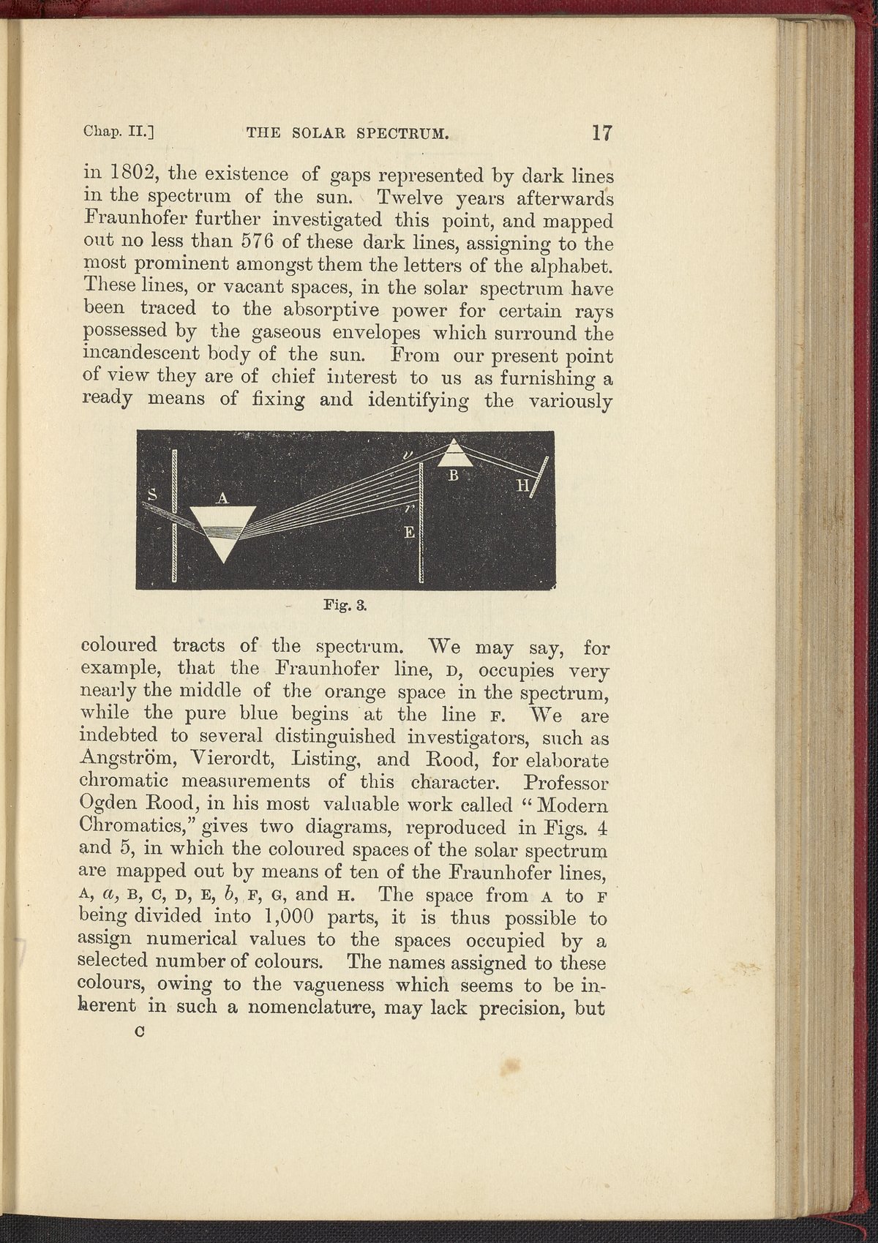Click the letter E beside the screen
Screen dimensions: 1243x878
(410, 536)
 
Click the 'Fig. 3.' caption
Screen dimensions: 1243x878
(343, 606)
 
